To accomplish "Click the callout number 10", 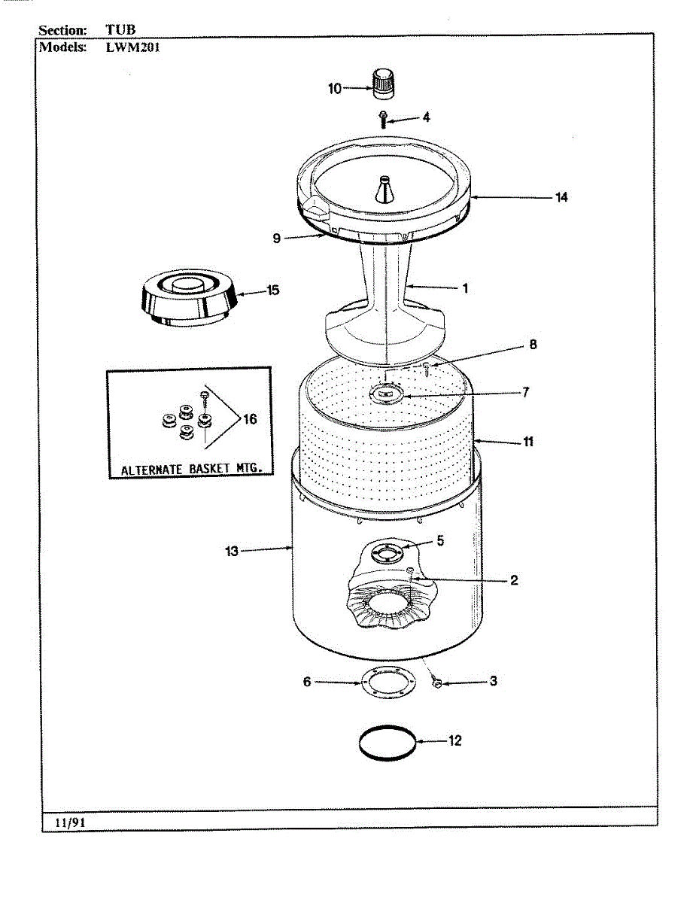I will coord(335,89).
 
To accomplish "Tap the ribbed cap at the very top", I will coord(384,81).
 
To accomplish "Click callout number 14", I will coord(561,197).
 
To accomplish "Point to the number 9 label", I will coord(277,239).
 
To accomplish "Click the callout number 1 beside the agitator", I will coord(465,287).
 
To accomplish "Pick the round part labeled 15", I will coord(189,299).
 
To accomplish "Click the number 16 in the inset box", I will coord(249,419).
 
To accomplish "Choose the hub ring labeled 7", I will coord(387,392).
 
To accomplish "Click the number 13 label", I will coord(232,552).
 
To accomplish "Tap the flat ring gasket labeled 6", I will coord(387,683).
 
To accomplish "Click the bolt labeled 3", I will coord(436,683).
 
